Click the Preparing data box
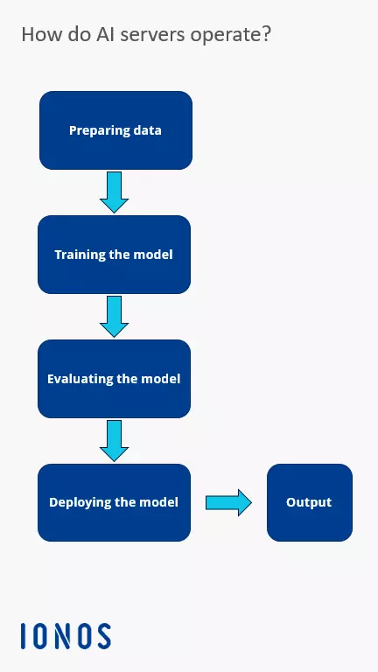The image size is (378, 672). coord(115,130)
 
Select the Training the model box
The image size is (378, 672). coord(114,255)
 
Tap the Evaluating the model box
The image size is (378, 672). coord(114,379)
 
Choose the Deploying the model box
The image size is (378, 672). coord(114,502)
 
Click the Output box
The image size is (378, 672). coord(309,502)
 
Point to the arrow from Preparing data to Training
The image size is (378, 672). coord(114,192)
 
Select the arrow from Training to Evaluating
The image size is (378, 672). coord(114,317)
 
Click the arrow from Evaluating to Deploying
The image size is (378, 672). coord(114,441)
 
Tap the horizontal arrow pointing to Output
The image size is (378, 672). coord(228,502)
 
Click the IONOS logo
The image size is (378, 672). coord(66,636)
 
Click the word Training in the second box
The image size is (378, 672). coord(79,255)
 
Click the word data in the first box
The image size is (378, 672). coord(146,130)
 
